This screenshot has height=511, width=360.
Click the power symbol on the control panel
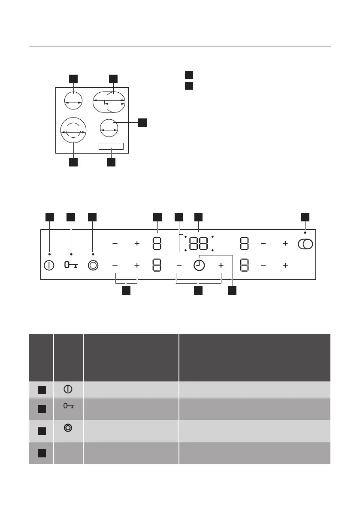pyautogui.click(x=49, y=266)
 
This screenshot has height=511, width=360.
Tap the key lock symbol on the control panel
pyautogui.click(x=71, y=266)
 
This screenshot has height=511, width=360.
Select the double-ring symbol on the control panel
pyautogui.click(x=93, y=266)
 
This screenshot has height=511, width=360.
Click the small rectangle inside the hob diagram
pyautogui.click(x=111, y=146)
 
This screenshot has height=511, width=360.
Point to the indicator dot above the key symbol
pyautogui.click(x=71, y=254)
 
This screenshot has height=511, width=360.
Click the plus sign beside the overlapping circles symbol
pyautogui.click(x=285, y=244)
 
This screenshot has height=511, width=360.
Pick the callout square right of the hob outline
pyautogui.click(x=142, y=123)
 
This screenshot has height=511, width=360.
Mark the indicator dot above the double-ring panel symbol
pyautogui.click(x=93, y=254)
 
